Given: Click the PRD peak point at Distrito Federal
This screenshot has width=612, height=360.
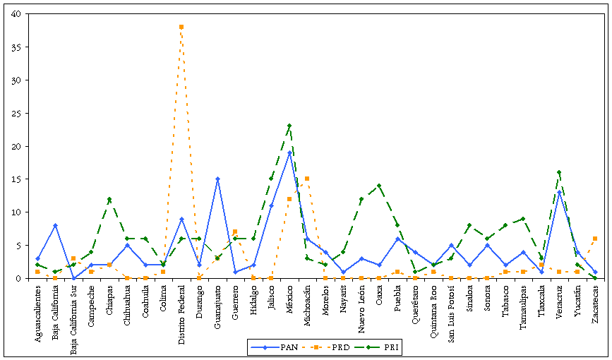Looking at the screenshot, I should point(181,27).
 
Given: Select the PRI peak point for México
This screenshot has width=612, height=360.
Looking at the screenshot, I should point(289,126).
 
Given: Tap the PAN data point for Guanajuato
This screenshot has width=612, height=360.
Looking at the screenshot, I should point(217,179).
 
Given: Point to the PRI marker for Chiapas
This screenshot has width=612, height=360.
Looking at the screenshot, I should point(109,199).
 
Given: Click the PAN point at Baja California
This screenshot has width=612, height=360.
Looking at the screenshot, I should point(55,225).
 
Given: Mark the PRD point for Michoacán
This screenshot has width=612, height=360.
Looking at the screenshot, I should point(307,179).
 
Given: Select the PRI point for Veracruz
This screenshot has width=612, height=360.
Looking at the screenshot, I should point(559,172).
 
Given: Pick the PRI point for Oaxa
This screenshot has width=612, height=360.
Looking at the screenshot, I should point(379,186).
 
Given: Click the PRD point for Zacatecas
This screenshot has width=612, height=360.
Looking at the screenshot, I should point(595,239).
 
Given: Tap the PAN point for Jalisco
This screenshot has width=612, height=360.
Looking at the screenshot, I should point(271,205).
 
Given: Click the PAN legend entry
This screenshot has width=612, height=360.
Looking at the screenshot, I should point(280,347).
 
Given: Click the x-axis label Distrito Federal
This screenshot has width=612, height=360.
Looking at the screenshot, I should point(181,311).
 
